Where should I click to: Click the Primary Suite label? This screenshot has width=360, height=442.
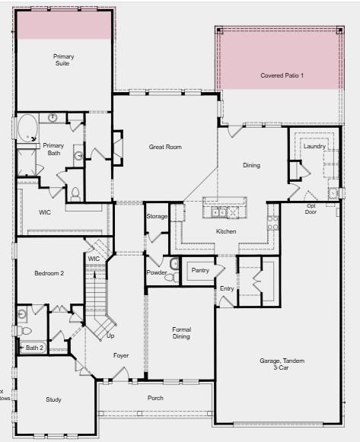(x=64, y=60)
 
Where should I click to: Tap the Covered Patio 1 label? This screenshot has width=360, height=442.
(x=282, y=76)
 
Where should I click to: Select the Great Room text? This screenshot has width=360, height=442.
(x=165, y=147)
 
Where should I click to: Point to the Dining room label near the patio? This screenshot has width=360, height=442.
(x=251, y=165)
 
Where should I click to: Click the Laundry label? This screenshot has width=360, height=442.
(x=314, y=146)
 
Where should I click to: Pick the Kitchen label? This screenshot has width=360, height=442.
(x=226, y=231)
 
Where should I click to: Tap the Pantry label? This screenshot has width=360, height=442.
(x=200, y=270)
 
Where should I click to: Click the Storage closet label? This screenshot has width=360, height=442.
(x=157, y=217)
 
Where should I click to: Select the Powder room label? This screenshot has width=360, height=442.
(x=156, y=272)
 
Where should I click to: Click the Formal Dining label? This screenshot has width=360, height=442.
(x=181, y=332)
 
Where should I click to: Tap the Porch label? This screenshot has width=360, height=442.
(x=155, y=398)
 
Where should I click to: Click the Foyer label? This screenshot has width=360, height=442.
(x=121, y=355)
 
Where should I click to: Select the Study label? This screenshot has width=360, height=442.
(x=53, y=399)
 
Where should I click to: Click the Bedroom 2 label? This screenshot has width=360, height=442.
(x=49, y=273)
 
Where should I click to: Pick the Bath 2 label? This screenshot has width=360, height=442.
(x=36, y=348)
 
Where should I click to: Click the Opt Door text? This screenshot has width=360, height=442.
(x=311, y=208)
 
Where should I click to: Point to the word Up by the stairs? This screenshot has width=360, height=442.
(x=110, y=335)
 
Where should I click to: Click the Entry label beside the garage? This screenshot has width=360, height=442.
(x=227, y=288)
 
